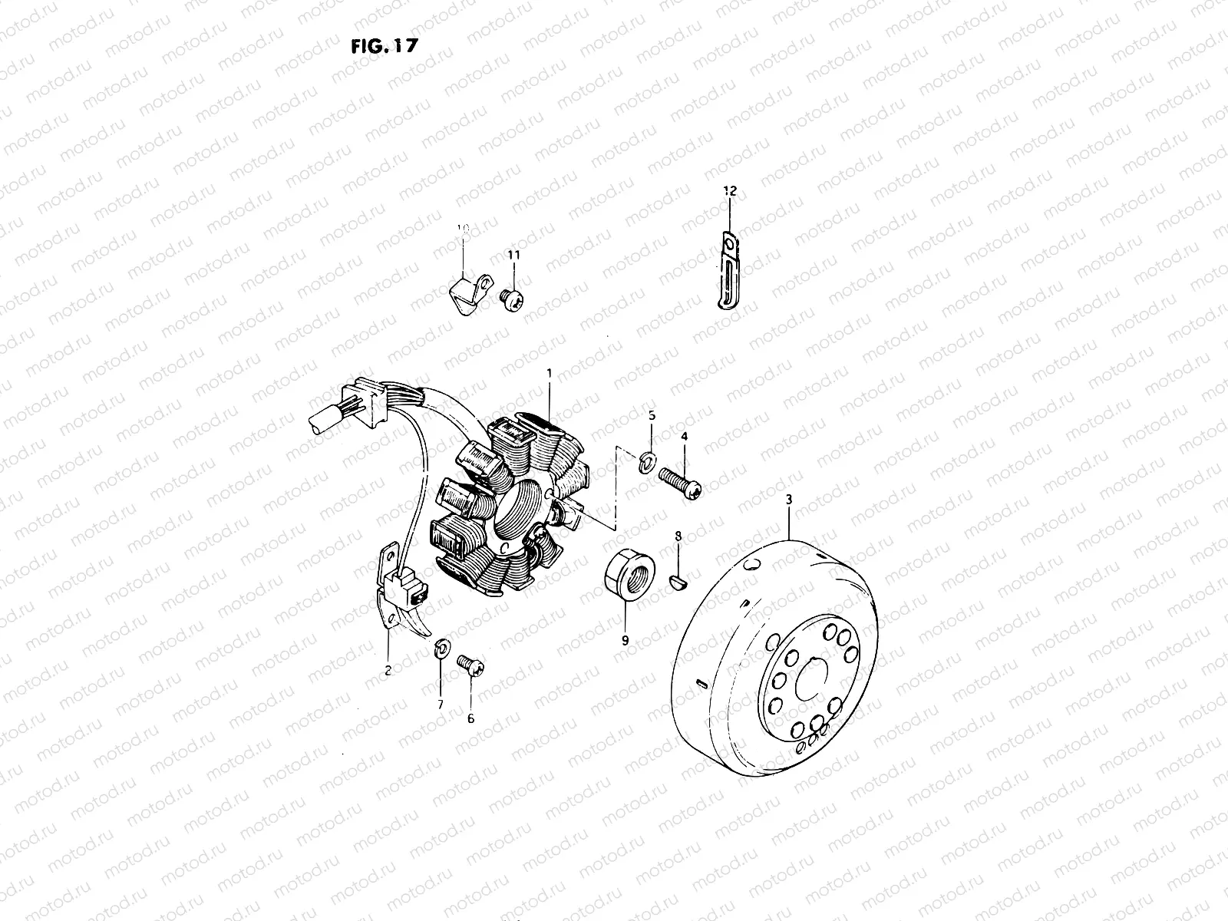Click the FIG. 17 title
383,46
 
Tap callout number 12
728,190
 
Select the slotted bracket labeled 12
725,272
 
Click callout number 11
513,254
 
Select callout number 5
652,415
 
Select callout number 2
388,670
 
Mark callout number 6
470,719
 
